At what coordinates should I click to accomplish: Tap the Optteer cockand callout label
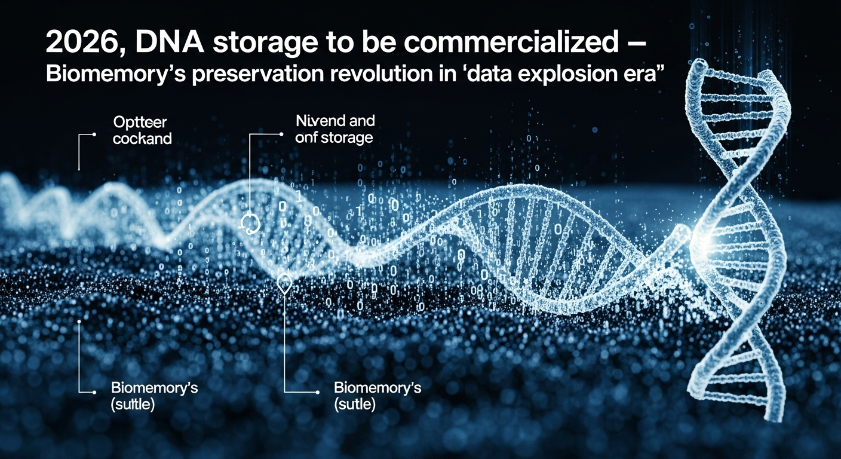click(142, 130)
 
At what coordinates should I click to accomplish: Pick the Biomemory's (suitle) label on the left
click(154, 396)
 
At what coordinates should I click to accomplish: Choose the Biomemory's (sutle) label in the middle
click(377, 396)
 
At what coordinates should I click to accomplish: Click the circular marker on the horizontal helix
click(250, 223)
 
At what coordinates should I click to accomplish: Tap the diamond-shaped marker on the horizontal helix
click(284, 283)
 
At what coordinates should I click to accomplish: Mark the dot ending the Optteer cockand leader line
click(95, 135)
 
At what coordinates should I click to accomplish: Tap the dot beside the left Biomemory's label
click(95, 393)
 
